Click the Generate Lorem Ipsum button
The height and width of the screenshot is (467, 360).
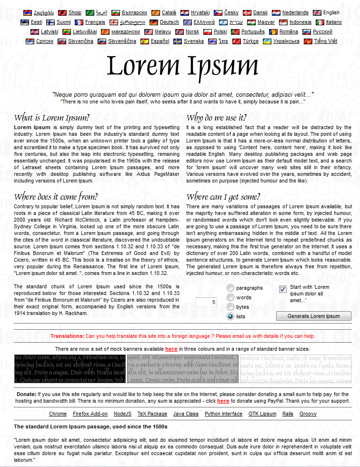314,316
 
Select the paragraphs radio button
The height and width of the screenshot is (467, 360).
231,288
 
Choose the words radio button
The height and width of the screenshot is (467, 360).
231,297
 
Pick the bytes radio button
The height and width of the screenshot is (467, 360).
231,307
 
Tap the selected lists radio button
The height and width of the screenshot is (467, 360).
231,316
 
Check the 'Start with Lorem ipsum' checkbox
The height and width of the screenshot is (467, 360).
283,289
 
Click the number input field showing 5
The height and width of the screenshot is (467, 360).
206,302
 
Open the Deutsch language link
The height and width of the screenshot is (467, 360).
170,22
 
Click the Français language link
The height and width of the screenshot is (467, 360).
95,22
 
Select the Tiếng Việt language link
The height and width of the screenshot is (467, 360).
325,41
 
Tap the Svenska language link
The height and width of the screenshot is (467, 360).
194,41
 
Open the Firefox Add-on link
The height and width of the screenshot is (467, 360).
90,414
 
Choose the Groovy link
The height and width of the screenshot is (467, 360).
308,414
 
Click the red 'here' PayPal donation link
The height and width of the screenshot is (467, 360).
223,401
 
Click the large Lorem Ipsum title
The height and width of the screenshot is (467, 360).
182,66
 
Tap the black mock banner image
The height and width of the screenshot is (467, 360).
70,369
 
